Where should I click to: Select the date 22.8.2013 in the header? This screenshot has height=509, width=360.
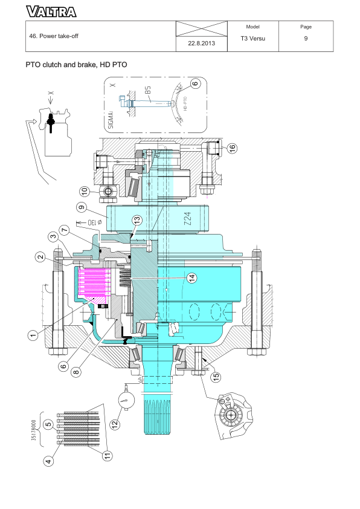click(x=198, y=44)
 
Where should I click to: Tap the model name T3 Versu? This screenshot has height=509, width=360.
click(x=253, y=39)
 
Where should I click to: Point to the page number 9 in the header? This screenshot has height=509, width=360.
click(x=306, y=39)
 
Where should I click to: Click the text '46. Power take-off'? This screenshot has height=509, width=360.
click(x=54, y=36)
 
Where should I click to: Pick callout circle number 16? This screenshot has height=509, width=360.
click(x=232, y=148)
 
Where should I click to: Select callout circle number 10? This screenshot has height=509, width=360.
click(x=85, y=191)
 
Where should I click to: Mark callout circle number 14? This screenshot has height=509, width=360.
click(x=191, y=277)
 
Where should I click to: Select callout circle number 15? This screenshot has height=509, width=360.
click(x=215, y=376)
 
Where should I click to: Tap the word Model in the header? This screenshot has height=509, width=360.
click(x=253, y=27)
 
